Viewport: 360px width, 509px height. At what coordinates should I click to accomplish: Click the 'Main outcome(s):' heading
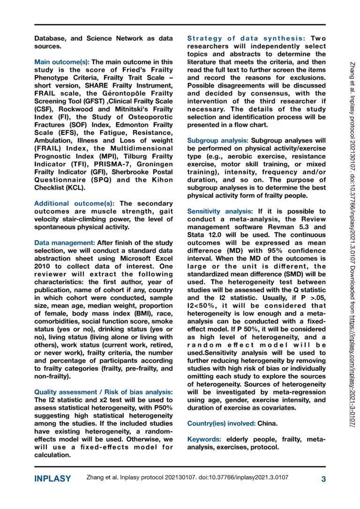point(62,62)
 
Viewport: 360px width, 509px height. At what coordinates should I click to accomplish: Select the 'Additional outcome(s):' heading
point(76,204)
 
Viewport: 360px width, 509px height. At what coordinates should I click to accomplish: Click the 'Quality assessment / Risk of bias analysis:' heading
point(104,392)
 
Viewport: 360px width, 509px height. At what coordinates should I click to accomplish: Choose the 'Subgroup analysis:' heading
point(218,140)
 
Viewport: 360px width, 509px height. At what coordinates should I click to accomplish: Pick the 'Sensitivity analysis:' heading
point(221,211)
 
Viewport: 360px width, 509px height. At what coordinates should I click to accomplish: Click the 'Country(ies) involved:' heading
point(221,423)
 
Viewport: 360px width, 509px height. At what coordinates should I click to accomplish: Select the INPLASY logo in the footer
point(52,479)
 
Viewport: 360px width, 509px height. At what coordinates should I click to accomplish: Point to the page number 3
point(323,479)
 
